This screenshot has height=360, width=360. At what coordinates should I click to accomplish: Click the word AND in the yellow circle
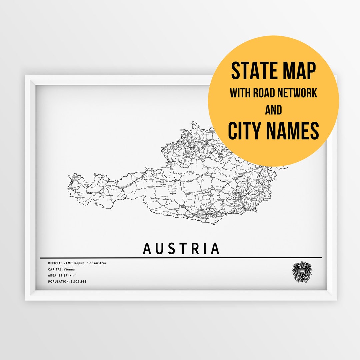coord(273,110)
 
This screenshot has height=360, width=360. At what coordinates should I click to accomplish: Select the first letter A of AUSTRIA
coord(147,249)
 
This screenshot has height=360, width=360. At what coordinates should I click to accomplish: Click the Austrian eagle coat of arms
coord(302,272)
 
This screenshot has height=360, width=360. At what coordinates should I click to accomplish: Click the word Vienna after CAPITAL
coord(70,269)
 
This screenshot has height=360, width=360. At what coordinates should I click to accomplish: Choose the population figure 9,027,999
coord(78,282)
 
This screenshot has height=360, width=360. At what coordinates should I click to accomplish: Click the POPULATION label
coord(58,282)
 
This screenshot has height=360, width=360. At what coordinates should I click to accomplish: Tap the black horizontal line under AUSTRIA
coord(181,258)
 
